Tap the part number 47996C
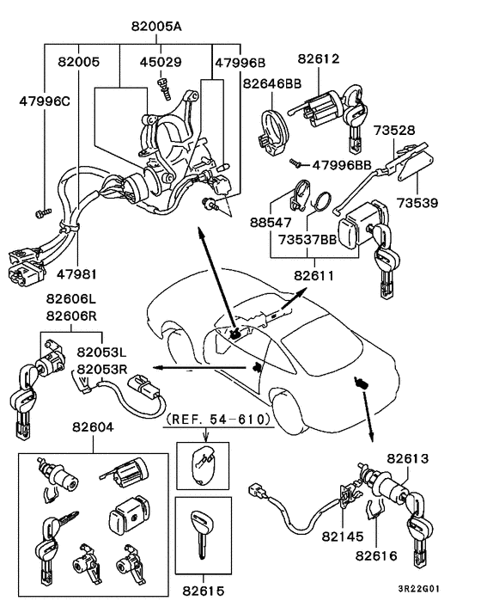coord(46,101)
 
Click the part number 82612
coord(320,59)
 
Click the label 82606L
coord(72,299)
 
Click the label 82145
coord(344,536)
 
